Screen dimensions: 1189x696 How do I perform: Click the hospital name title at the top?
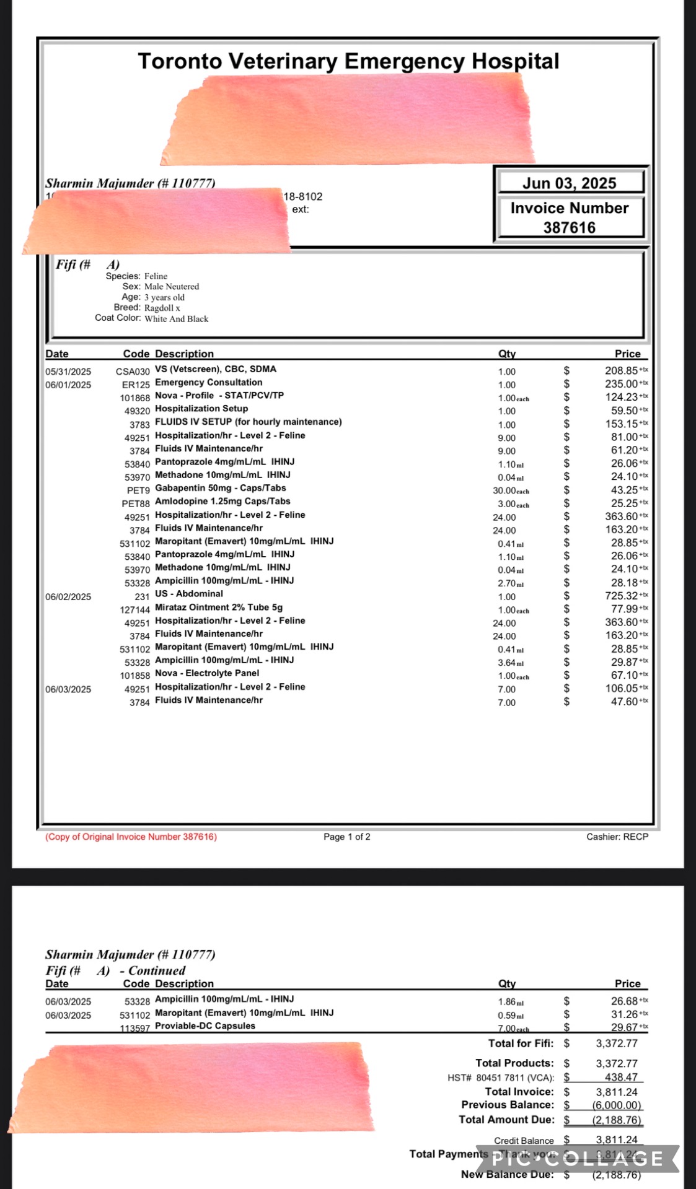click(348, 61)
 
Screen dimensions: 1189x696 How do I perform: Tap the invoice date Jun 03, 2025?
click(569, 183)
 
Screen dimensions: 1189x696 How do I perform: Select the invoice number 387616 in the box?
click(569, 227)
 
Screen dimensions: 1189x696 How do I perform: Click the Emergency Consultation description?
click(208, 383)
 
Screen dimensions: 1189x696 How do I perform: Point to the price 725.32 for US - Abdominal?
click(622, 596)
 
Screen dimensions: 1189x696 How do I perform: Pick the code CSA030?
click(133, 372)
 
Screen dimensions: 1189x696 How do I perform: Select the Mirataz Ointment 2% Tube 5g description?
click(218, 608)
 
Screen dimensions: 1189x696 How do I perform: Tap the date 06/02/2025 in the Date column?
click(68, 597)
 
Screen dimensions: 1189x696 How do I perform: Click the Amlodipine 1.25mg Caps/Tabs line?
click(222, 502)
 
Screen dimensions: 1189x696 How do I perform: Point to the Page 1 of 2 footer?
click(347, 837)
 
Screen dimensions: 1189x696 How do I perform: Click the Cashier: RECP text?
click(617, 837)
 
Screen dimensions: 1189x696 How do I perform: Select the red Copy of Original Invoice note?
click(131, 837)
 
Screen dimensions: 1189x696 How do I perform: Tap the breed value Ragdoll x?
click(162, 308)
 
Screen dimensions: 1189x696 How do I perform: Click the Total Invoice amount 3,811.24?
click(617, 1092)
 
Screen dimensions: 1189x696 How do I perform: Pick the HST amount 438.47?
click(621, 1078)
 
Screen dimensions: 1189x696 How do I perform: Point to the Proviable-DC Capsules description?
click(205, 1026)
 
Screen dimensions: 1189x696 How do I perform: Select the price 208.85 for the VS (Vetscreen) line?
click(622, 371)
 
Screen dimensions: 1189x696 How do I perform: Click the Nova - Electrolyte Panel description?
click(207, 673)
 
